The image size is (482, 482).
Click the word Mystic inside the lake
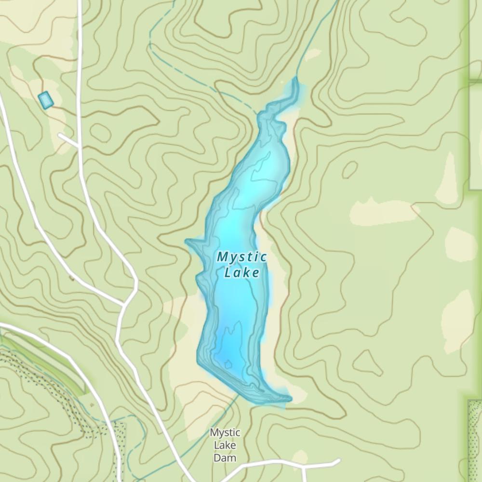click(241, 257)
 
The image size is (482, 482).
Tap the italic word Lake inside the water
click(242, 273)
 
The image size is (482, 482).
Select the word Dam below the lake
click(225, 457)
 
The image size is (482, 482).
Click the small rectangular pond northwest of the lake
click(46, 100)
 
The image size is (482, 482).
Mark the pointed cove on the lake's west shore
click(189, 241)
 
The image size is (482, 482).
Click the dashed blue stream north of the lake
click(202, 77)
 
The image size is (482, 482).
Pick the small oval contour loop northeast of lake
click(349, 169)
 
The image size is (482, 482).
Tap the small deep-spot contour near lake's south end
click(227, 363)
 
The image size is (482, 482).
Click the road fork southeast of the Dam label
click(304, 467)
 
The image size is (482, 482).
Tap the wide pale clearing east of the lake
click(383, 212)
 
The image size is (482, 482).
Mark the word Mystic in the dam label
click(225, 433)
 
